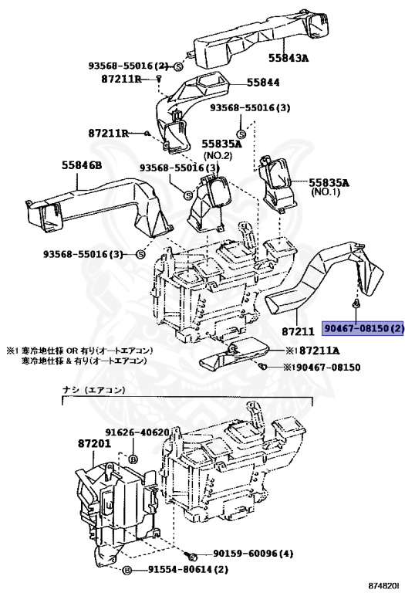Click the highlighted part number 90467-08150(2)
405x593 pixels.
(x=363, y=328)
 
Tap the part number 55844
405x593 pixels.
(x=263, y=82)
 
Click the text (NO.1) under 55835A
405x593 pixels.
(x=326, y=191)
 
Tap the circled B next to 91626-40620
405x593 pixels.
(x=133, y=459)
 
